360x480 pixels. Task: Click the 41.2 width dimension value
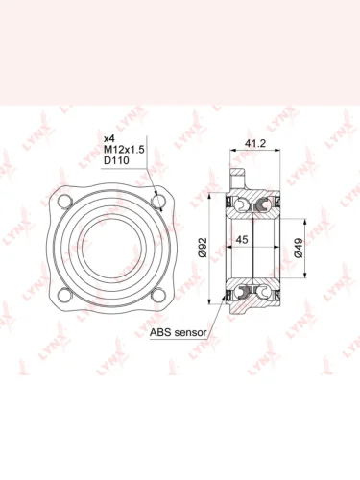click(255, 143)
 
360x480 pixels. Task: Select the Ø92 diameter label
click(203, 248)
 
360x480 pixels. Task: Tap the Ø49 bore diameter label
click(299, 248)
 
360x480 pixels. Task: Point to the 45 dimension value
click(242, 239)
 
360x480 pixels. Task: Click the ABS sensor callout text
click(179, 332)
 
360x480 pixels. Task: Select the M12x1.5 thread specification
click(124, 150)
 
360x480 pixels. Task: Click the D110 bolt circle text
click(116, 160)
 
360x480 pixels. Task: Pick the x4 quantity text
click(109, 138)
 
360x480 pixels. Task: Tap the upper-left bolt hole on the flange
click(64, 201)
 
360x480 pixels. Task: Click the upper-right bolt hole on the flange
click(157, 201)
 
